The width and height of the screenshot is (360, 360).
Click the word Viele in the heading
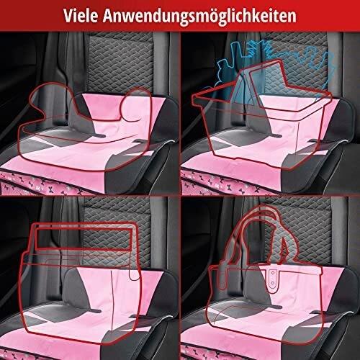[x=81, y=16]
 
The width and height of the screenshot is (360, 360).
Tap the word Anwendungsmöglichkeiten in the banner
[x=199, y=17]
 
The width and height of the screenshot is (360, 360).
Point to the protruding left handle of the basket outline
[x=199, y=99]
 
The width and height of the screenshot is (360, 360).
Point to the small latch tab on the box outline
[x=135, y=274]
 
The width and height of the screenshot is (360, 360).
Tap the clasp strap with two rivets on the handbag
[x=272, y=279]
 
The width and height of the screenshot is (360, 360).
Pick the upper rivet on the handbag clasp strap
[x=272, y=272]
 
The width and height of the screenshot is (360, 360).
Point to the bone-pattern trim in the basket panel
[x=228, y=183]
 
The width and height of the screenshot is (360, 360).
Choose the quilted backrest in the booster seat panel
[x=121, y=63]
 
